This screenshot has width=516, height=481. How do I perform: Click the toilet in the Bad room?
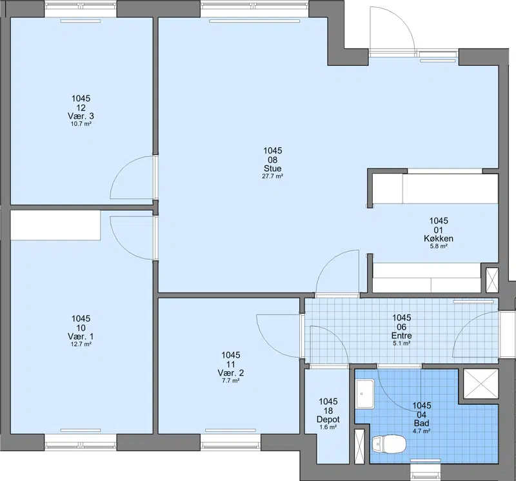point(389,444)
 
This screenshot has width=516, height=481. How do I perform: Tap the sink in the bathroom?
point(365,394)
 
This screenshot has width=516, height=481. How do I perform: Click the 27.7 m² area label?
point(272,176)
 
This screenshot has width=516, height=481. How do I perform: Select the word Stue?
point(272,169)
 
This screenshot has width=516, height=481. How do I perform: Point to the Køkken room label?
point(439,238)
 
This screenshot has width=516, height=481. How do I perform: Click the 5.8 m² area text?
point(439,246)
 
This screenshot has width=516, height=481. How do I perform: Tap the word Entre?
point(401,335)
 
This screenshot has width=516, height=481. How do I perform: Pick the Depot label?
point(328,420)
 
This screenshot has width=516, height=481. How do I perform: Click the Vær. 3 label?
point(81,116)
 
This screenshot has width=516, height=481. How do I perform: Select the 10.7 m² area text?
point(81,124)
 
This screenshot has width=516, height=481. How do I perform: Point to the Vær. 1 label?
point(81,336)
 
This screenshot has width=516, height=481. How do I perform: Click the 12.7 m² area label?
point(81,344)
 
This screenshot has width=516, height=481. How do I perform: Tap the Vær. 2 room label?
point(231,373)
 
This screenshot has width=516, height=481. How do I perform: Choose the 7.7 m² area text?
point(231,381)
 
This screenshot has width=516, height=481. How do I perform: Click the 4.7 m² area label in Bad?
point(422,431)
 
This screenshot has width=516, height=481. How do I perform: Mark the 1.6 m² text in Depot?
point(328,427)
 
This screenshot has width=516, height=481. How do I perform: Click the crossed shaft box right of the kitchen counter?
point(492,280)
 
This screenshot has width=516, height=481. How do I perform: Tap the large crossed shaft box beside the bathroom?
point(481,384)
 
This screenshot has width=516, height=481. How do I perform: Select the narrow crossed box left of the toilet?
point(360,446)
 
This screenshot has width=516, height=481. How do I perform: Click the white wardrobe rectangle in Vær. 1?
point(55,226)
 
